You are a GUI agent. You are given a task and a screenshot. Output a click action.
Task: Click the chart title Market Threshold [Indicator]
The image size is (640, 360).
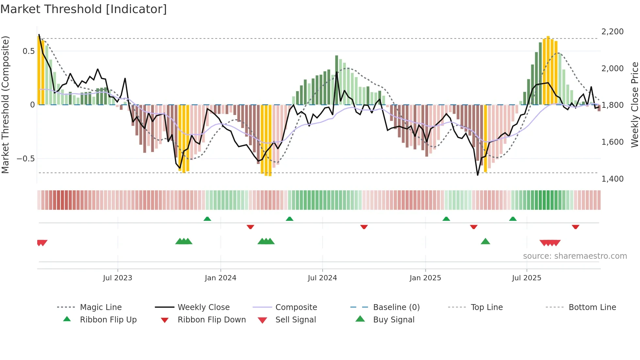(x=84, y=9)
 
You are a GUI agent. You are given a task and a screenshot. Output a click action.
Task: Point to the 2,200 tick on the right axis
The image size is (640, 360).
(x=612, y=32)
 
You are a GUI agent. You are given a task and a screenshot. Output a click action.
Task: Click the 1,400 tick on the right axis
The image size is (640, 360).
(x=612, y=179)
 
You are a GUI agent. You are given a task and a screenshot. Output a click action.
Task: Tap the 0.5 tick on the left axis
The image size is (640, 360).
(x=28, y=51)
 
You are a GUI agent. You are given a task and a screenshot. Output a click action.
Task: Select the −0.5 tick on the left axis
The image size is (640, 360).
(x=25, y=159)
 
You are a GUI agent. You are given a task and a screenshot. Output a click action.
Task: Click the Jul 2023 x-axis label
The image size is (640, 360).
(x=118, y=278)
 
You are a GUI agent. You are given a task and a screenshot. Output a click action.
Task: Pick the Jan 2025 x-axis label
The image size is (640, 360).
(x=425, y=278)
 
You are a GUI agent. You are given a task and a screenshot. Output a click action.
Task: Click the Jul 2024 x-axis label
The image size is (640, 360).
(x=322, y=278)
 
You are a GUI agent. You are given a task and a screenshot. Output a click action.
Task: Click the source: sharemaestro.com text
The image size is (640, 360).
(x=575, y=256)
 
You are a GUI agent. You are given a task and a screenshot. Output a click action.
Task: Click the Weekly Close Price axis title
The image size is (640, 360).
(x=634, y=105)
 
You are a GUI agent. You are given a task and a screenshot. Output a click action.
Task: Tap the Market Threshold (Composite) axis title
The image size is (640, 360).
(x=5, y=105)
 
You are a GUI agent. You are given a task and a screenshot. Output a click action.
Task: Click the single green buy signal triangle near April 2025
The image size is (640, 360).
(x=485, y=242)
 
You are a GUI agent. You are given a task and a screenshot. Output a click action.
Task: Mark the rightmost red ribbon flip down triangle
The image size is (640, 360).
(x=575, y=227)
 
